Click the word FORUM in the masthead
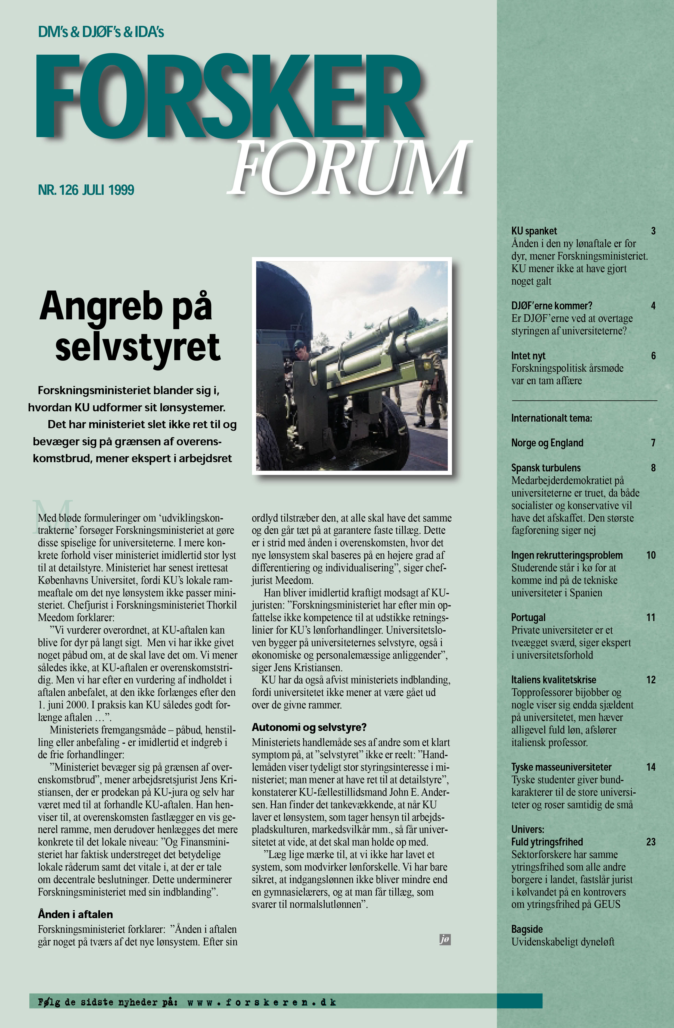[x=350, y=168]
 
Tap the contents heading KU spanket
[x=534, y=231]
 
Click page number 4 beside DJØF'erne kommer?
[x=653, y=306]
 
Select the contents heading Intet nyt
[x=528, y=356]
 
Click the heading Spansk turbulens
[x=546, y=468]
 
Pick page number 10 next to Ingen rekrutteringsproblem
[x=651, y=555]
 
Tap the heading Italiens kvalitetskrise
[x=554, y=680]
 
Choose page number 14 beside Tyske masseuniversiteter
[x=651, y=767]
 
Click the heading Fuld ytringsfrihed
[x=547, y=842]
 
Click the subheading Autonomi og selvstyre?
[x=309, y=727]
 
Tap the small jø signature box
[x=445, y=939]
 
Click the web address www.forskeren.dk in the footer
[x=262, y=1002]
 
